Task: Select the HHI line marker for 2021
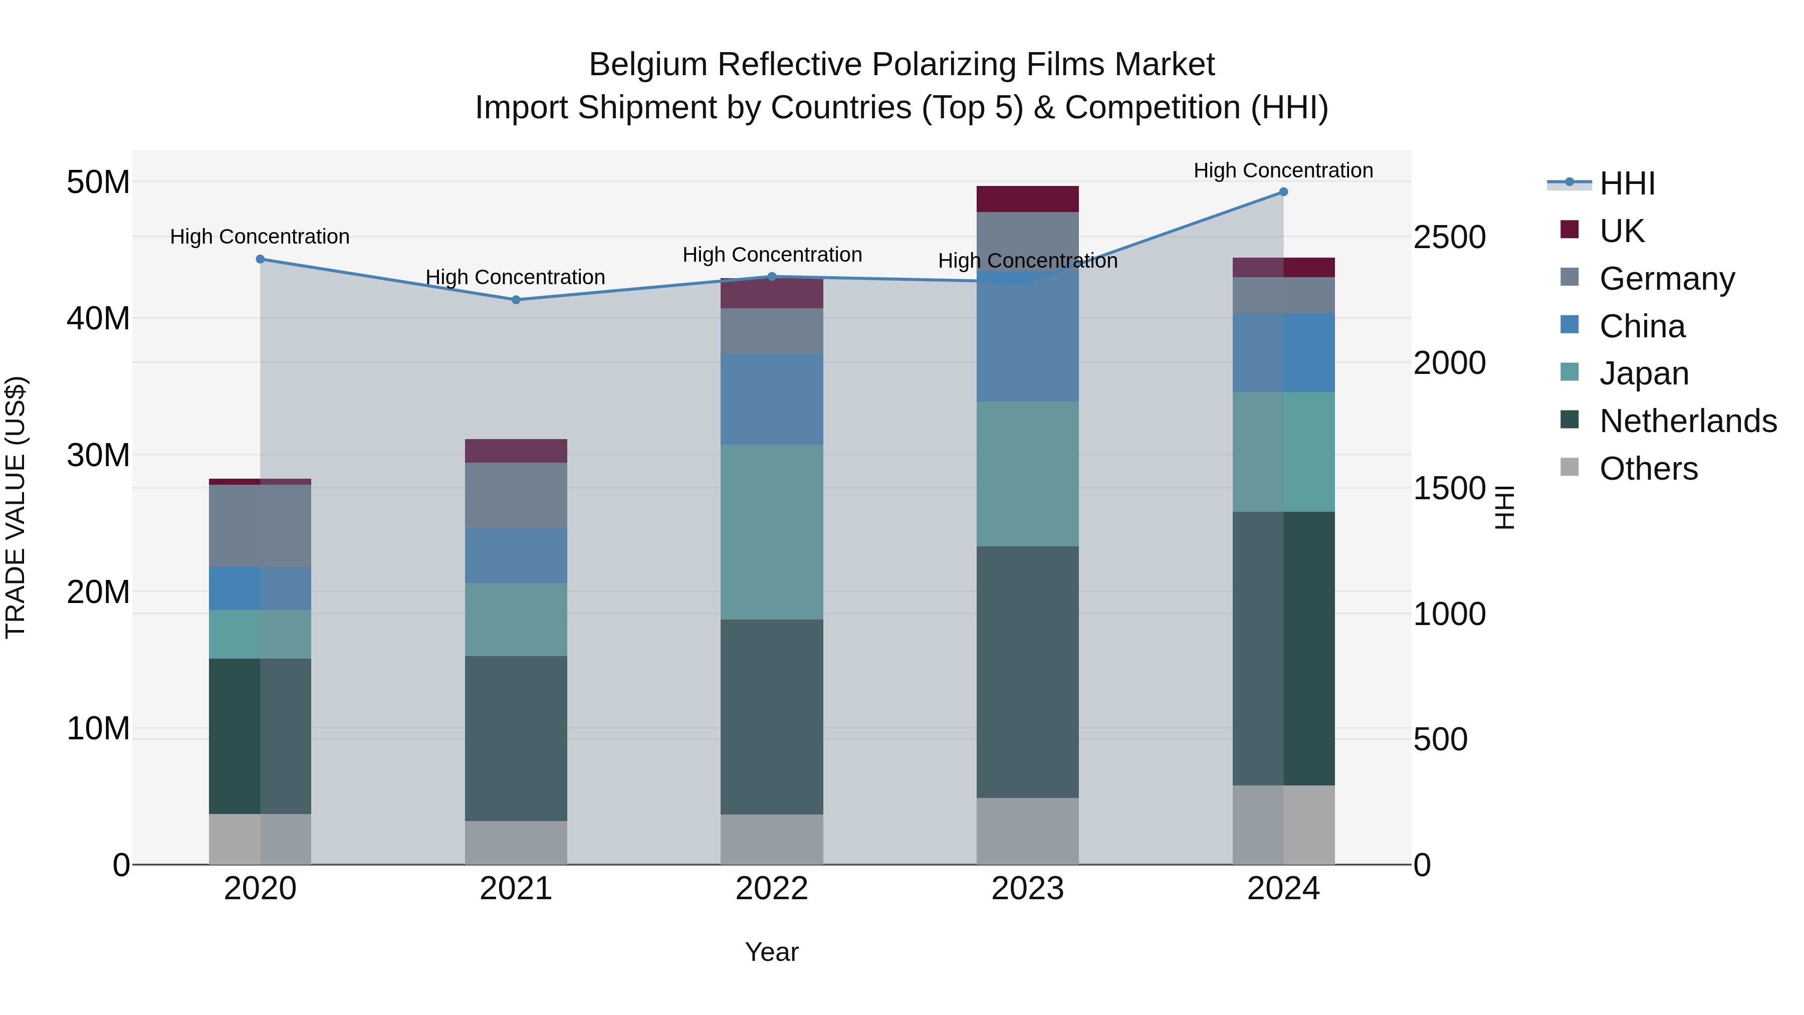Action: coord(516,300)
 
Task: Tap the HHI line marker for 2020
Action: coord(261,259)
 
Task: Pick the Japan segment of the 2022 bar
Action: coord(772,532)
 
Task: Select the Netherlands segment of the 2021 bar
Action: coord(516,738)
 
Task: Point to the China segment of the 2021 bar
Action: coord(516,555)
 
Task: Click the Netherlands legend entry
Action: coord(1688,421)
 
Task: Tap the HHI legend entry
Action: coord(1627,183)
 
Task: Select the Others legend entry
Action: coord(1649,469)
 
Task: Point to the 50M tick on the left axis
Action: coord(98,182)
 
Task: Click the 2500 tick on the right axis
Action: coord(1449,238)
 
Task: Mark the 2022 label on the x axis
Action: coord(772,889)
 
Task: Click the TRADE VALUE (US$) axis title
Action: coord(16,507)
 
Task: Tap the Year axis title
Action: coord(772,952)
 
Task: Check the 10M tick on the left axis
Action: coord(98,728)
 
